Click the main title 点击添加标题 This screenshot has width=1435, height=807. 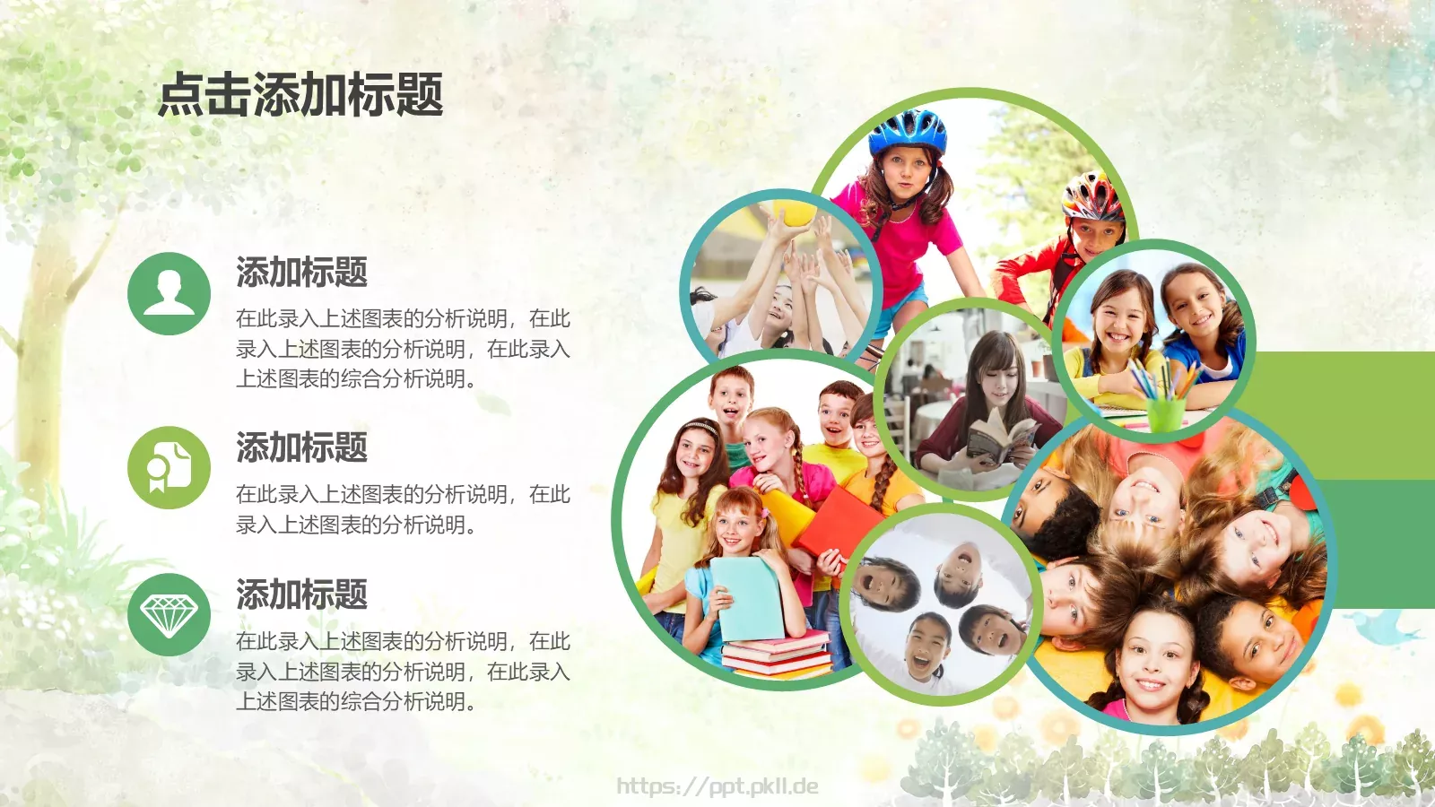[x=300, y=95]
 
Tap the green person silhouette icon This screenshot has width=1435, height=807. [x=169, y=293]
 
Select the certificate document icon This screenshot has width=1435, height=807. [x=169, y=467]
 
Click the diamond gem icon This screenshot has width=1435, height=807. [x=169, y=615]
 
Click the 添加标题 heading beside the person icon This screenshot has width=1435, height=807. [x=301, y=272]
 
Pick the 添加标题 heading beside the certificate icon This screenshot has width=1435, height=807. [x=301, y=447]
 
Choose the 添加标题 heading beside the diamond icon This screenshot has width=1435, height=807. [x=301, y=594]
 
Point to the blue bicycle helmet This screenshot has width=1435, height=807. [x=908, y=132]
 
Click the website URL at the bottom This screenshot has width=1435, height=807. [x=717, y=786]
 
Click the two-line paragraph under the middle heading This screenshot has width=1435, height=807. [x=403, y=509]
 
